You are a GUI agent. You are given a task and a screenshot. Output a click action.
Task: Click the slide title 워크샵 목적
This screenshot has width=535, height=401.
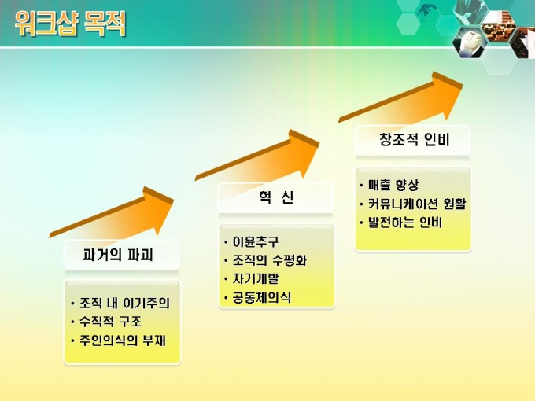tap(70, 23)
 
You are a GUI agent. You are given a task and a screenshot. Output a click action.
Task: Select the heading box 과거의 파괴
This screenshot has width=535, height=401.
tap(121, 255)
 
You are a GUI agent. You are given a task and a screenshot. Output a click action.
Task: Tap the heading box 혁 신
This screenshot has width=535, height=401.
tap(275, 197)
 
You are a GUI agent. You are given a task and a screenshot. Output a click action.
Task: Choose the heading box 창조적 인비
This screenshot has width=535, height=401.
tap(412, 139)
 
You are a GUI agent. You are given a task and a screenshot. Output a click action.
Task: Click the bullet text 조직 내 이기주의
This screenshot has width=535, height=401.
tap(124, 303)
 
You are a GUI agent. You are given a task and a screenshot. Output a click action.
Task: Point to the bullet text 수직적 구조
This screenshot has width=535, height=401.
tap(110, 322)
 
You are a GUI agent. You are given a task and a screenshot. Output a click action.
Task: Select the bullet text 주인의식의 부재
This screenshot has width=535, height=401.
tap(123, 340)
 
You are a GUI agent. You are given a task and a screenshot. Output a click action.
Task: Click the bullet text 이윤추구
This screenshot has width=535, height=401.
tap(256, 241)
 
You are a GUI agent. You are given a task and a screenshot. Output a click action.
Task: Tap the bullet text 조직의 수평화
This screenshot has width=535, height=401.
tap(270, 260)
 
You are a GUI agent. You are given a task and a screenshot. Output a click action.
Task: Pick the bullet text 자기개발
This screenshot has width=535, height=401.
tap(256, 278)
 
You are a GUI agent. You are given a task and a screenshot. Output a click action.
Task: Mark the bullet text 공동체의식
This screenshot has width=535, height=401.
tap(262, 297)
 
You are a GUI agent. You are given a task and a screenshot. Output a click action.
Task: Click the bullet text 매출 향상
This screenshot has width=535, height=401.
tap(393, 185)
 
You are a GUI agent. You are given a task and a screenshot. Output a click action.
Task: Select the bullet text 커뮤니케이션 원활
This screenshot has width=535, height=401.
tap(417, 204)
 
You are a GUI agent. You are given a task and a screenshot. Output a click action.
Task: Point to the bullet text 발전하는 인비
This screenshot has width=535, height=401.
tap(405, 223)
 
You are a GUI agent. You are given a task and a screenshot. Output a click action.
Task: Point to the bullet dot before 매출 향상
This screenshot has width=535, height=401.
tap(361, 186)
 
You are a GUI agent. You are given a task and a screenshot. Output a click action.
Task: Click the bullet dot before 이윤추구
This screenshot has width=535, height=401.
tap(226, 242)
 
